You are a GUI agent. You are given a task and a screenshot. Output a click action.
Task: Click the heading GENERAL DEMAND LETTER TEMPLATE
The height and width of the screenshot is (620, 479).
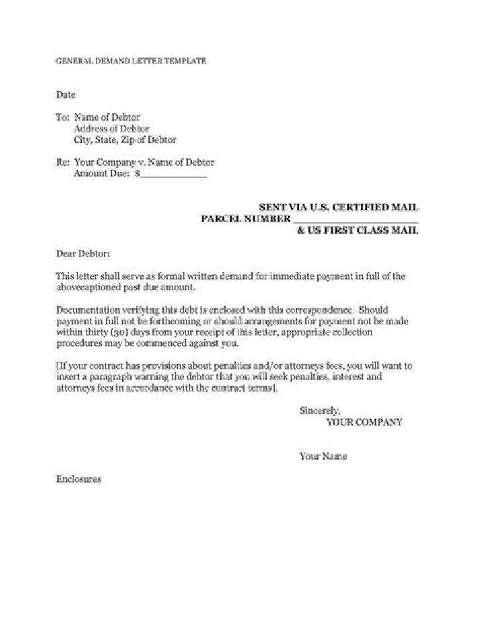tap(130, 61)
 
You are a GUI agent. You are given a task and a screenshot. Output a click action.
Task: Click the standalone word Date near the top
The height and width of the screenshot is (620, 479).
tap(65, 95)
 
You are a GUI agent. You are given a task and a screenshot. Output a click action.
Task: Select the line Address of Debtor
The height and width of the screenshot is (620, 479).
tap(111, 129)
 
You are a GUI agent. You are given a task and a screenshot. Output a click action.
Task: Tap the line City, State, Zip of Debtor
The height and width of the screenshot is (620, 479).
tap(125, 140)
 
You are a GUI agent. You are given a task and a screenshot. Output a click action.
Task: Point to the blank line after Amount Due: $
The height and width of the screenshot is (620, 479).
tap(174, 175)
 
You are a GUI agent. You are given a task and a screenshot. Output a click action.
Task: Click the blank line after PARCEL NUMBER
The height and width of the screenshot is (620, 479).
tap(355, 220)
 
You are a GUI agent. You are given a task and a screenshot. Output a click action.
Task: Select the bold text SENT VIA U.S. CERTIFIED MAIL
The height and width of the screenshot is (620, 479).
tap(339, 208)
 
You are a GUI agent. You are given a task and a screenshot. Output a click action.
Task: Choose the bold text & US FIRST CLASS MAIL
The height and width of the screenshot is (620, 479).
tap(358, 230)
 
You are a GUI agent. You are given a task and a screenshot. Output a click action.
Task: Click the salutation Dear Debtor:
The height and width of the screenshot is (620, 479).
tap(82, 254)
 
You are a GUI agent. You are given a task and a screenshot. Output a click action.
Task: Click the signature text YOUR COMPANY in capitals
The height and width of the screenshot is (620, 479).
tap(365, 422)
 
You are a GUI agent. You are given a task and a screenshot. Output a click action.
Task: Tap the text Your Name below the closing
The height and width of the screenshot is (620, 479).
tap(323, 457)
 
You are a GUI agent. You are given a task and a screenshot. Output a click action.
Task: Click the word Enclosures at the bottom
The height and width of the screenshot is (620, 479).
tap(78, 479)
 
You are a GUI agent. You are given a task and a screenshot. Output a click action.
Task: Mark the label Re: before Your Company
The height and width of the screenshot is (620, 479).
tap(62, 162)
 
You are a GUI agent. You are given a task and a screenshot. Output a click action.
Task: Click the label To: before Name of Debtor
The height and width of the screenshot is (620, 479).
tap(62, 117)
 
